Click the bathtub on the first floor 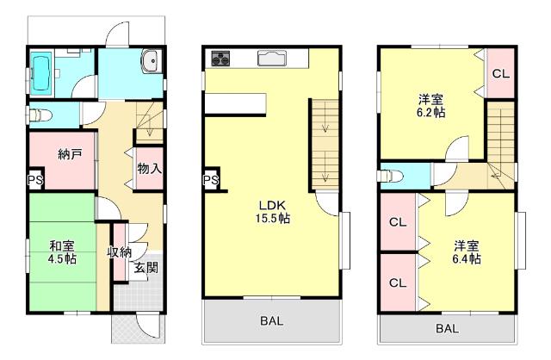[x=41, y=73]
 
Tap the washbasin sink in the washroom [x=152, y=61]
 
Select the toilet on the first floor [x=40, y=115]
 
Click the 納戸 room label [x=70, y=154]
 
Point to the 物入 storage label [x=150, y=169]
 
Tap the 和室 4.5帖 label [x=62, y=252]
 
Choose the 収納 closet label [x=120, y=251]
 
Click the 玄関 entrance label [x=145, y=268]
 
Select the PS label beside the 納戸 [x=35, y=180]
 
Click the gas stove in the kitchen [x=220, y=58]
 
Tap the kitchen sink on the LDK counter [x=273, y=58]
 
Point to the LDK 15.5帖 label [x=272, y=212]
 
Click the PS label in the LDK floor [x=211, y=180]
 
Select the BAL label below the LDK [x=272, y=320]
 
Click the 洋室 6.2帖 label [x=430, y=106]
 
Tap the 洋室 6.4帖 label [x=467, y=252]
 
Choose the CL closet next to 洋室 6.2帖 [x=501, y=73]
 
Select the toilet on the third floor [x=390, y=176]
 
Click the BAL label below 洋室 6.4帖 [x=447, y=329]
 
